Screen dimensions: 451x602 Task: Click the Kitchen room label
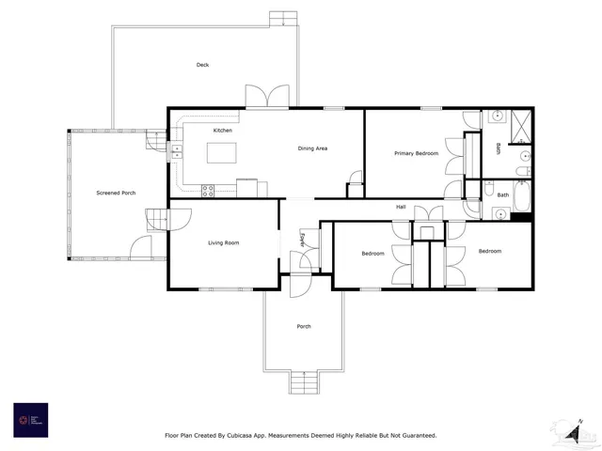(222, 130)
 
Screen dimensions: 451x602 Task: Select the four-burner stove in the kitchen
(209, 189)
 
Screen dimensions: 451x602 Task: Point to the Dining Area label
(312, 148)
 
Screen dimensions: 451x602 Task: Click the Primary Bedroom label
(416, 153)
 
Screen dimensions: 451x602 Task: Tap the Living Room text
(224, 243)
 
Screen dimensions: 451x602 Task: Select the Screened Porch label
(116, 194)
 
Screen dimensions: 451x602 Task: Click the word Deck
(202, 65)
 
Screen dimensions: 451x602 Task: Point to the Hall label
(401, 206)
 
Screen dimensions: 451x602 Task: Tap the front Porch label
(304, 326)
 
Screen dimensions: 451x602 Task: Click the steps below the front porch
(303, 384)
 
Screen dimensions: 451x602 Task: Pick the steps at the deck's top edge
(282, 19)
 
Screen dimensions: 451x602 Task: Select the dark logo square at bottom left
(30, 419)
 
